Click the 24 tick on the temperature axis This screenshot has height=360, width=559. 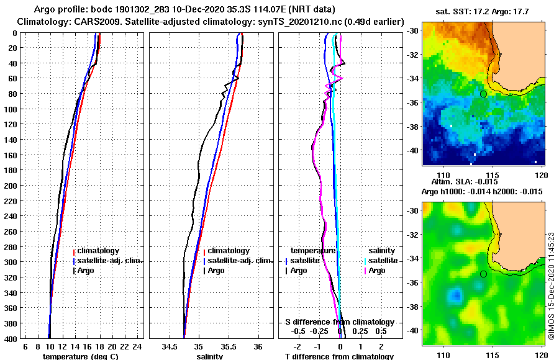pos(137,346)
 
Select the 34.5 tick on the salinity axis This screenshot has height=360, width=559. pos(169,346)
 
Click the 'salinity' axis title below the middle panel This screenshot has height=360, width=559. pos(210,356)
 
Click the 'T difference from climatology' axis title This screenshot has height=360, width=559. pos(339,356)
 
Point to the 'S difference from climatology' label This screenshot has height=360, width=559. pos(339,322)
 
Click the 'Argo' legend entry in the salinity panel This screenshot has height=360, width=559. pos(216,271)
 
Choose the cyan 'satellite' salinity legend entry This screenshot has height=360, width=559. pos(380,261)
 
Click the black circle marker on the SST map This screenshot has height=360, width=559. pos(483,94)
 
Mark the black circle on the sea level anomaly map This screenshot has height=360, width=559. pos(483,274)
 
